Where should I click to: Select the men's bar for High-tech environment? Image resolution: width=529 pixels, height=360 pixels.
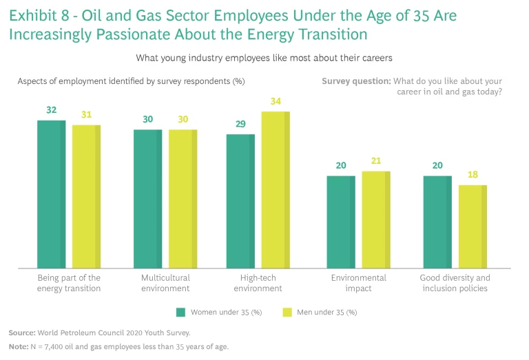276,189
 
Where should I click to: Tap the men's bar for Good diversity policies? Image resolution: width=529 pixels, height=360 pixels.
473,226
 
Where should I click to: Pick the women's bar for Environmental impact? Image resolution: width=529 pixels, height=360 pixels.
341,222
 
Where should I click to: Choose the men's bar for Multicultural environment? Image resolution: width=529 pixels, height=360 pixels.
183,198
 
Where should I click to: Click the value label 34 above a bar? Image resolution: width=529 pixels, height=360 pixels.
276,102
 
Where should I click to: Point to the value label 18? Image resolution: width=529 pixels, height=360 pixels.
473,176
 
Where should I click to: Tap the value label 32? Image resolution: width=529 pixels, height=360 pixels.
51,111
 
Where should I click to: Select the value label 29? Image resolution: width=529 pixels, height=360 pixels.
240,125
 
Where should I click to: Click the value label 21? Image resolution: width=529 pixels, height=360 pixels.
376,162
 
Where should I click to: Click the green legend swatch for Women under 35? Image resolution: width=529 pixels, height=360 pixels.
181,312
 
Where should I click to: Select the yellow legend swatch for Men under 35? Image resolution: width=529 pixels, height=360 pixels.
288,312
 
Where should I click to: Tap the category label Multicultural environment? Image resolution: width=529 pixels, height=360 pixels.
165,283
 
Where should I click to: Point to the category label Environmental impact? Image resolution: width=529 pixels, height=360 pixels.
358,283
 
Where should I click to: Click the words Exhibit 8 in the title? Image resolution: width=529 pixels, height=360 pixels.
38,14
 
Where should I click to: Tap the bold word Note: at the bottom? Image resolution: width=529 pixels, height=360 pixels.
19,347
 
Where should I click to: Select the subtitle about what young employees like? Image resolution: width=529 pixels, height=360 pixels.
264,57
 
